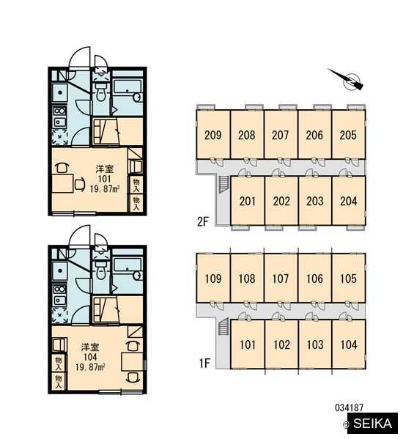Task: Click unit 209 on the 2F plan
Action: (213, 135)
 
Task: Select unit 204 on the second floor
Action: (349, 201)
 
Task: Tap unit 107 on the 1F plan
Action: (281, 278)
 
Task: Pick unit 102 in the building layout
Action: (281, 344)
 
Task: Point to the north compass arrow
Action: (347, 79)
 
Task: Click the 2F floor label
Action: (203, 221)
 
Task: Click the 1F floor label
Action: (204, 363)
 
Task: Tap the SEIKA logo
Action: (371, 423)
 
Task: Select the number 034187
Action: (349, 407)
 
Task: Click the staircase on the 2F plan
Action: (223, 185)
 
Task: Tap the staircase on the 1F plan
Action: (223, 327)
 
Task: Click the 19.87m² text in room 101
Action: (105, 189)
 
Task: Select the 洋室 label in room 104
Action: (90, 347)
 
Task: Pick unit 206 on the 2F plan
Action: (314, 135)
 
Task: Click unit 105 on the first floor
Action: (349, 278)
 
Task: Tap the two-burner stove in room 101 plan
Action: (59, 117)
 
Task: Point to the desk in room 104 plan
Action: (132, 362)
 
